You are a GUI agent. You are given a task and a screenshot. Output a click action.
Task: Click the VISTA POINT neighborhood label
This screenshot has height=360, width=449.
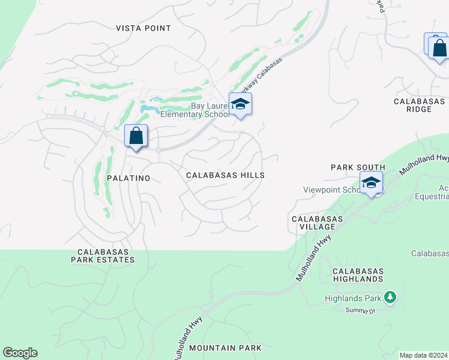143,28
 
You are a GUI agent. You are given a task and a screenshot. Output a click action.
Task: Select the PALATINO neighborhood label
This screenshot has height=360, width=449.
128,178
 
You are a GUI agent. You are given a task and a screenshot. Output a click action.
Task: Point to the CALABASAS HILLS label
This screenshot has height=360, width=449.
225,175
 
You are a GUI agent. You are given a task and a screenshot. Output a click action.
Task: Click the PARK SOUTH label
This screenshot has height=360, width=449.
358,167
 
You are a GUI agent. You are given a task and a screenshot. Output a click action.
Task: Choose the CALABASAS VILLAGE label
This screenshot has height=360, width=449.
317,223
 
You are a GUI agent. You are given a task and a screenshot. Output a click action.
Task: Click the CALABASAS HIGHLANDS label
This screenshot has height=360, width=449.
358,275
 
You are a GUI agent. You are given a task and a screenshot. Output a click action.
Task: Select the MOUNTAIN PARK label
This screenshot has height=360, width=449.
225,348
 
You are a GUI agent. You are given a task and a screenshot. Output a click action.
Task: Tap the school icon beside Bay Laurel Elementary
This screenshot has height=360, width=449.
240,104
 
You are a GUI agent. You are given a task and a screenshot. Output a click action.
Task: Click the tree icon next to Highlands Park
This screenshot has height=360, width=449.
390,297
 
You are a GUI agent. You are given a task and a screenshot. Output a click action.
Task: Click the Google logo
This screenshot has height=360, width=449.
20,353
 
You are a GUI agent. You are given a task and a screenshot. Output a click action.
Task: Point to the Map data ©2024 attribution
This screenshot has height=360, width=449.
423,355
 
